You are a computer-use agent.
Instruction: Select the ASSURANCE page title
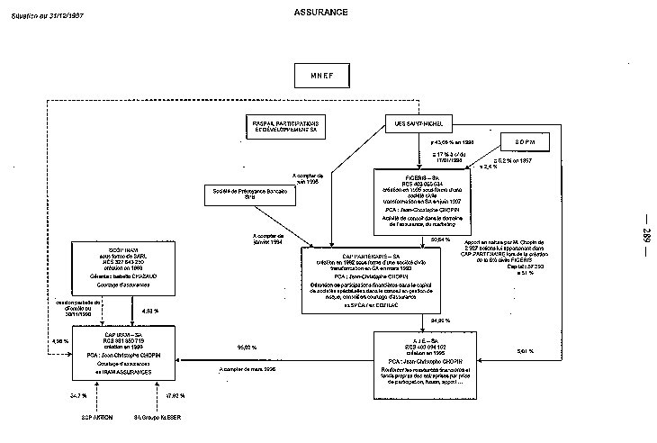(320, 13)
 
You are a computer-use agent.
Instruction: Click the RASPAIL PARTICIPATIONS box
(285, 126)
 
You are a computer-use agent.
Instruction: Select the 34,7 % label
(78, 395)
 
